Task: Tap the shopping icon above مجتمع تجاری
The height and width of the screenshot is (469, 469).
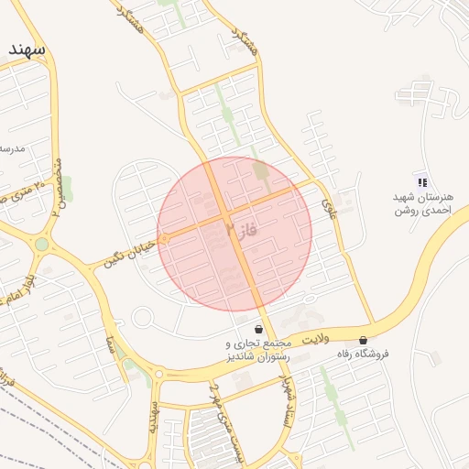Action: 258,329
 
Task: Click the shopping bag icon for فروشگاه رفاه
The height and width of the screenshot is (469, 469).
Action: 364,339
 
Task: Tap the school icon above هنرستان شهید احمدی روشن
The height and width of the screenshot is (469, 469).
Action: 422,180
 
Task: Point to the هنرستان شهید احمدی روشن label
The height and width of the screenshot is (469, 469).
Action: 424,203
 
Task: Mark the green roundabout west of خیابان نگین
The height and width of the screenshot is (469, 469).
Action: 41,245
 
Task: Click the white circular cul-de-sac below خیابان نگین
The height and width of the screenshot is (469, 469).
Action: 142,318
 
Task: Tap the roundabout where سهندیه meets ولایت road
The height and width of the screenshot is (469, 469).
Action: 161,374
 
